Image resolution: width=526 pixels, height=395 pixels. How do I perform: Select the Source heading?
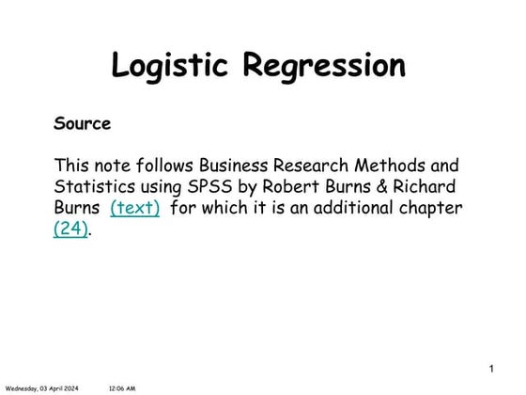point(83,123)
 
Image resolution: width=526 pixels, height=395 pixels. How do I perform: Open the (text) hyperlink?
point(135,207)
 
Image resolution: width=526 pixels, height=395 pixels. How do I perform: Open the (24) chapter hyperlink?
point(71,229)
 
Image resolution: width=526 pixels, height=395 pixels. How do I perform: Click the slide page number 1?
point(491,367)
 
